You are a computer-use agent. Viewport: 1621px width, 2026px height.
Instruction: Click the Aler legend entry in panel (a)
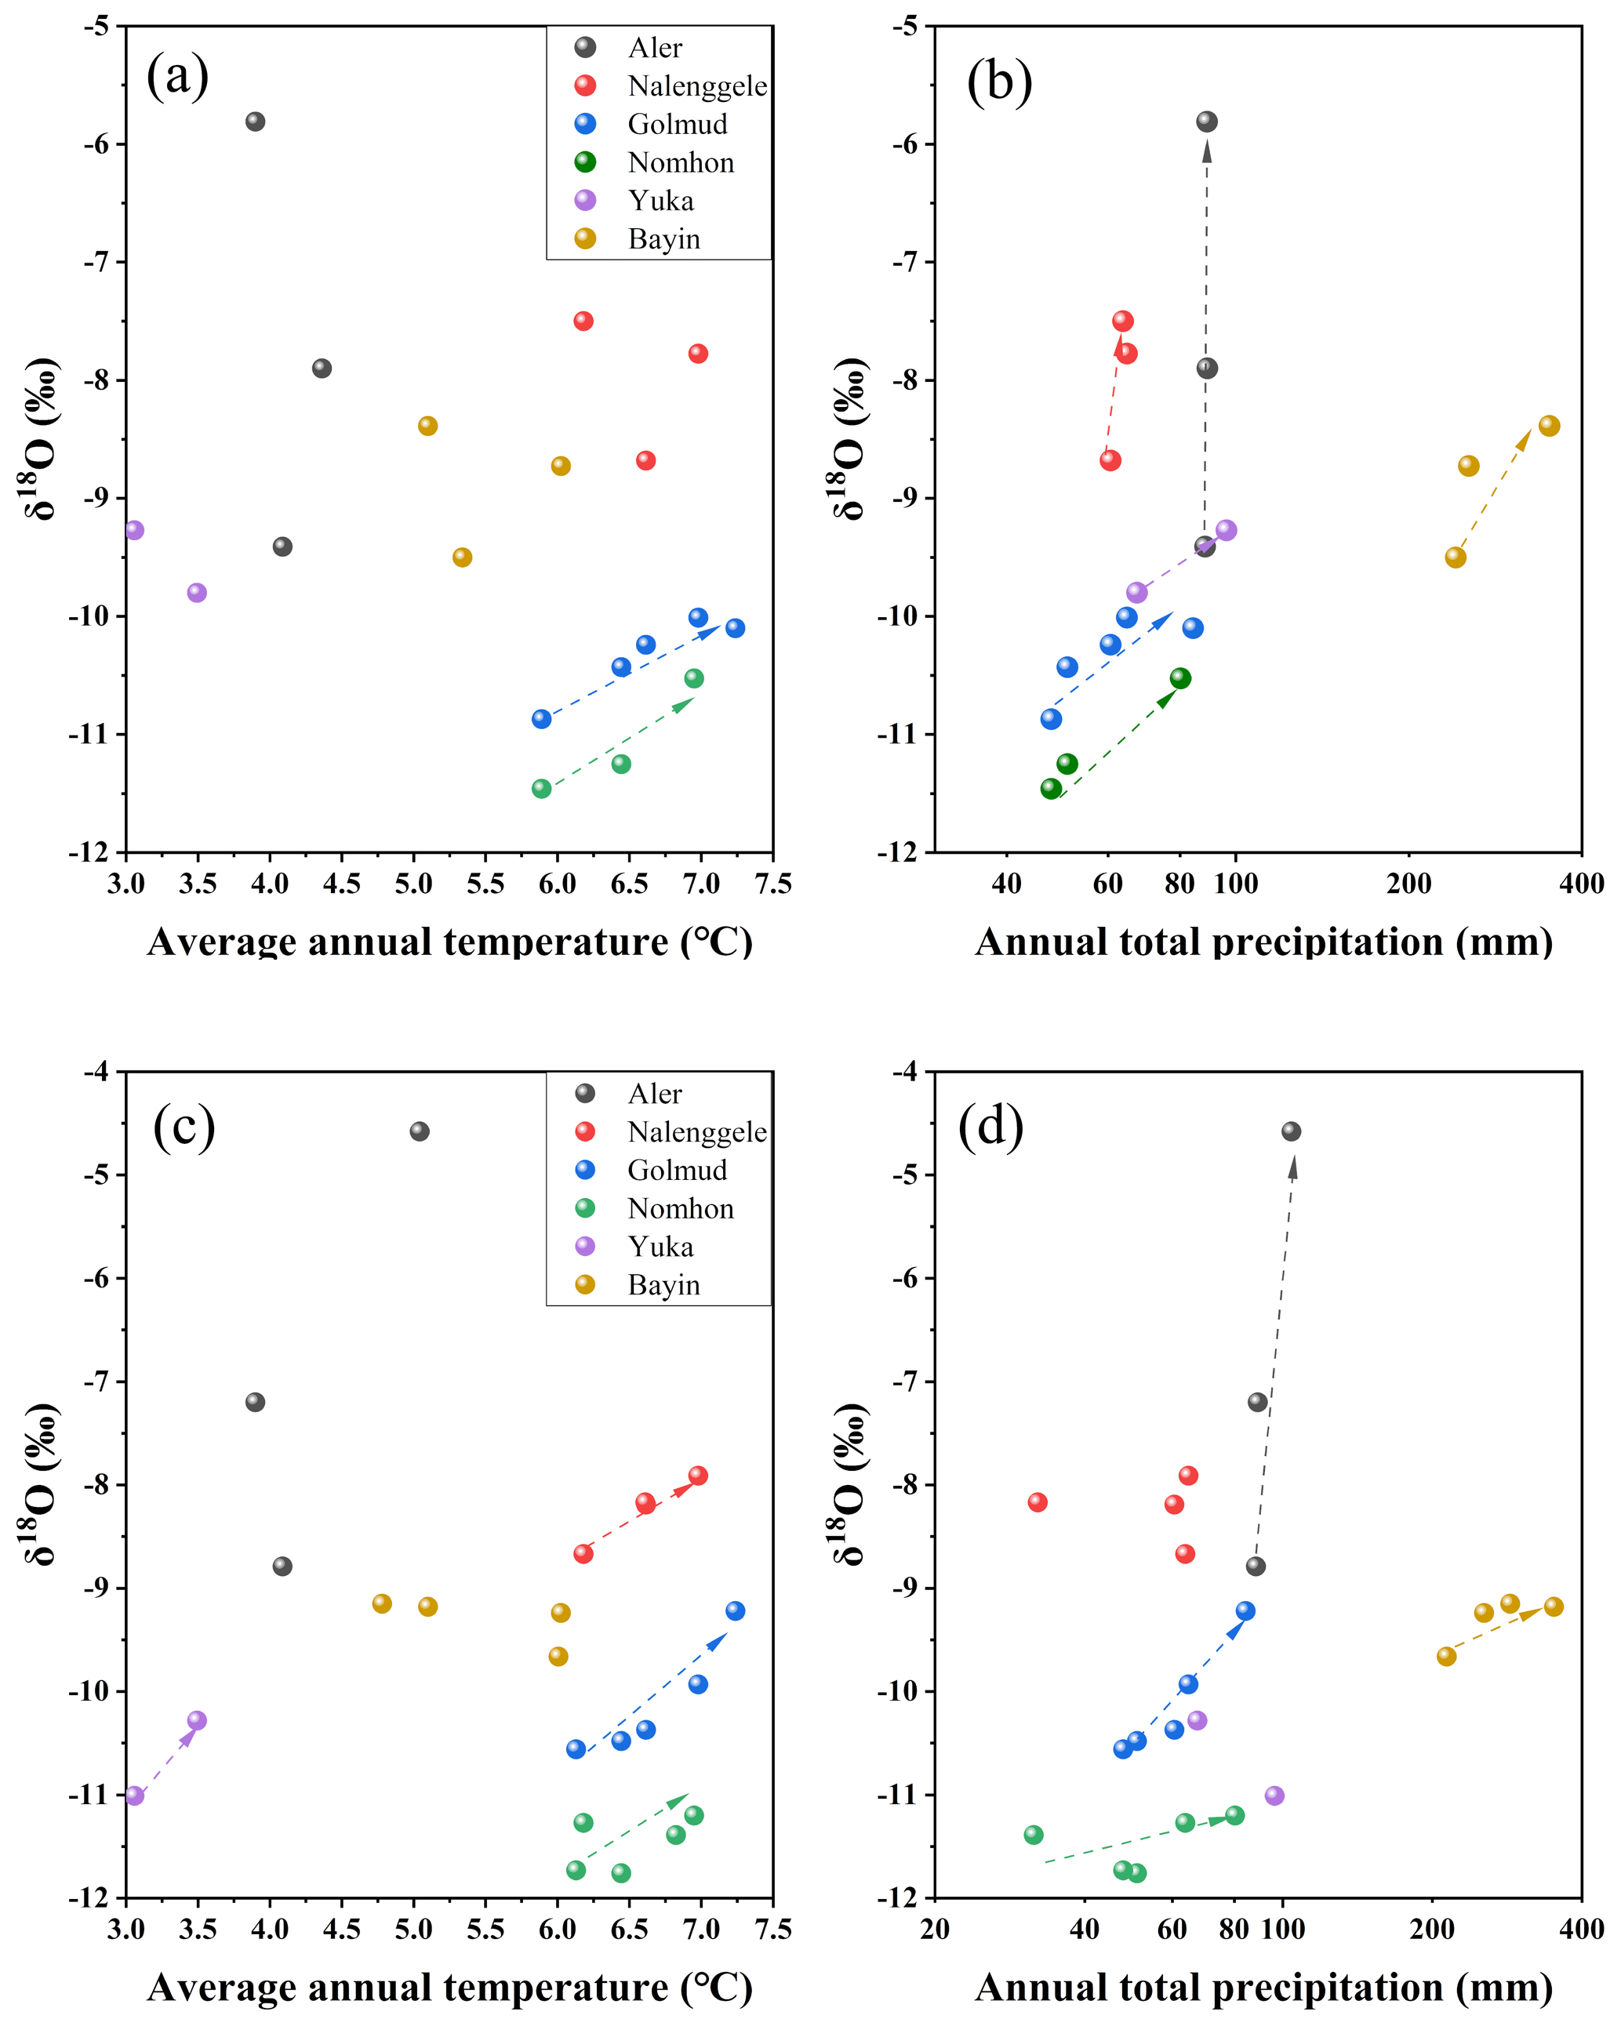[x=654, y=48]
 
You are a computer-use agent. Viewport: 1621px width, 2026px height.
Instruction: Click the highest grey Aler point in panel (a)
[x=255, y=122]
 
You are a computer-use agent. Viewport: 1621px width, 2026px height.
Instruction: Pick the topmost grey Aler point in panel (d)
[x=1291, y=1131]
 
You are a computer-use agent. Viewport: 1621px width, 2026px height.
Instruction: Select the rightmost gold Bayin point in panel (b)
[x=1550, y=426]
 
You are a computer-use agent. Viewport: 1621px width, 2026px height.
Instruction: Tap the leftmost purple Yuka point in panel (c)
[x=134, y=1795]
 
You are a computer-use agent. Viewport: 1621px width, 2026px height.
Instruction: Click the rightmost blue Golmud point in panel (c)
[x=735, y=1610]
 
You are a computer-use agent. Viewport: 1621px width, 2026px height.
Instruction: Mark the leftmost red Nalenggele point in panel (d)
[x=1038, y=1502]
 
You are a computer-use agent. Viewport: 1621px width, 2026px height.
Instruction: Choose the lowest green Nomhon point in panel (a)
[x=541, y=789]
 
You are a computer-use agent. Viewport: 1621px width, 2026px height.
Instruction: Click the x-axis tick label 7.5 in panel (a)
[x=772, y=884]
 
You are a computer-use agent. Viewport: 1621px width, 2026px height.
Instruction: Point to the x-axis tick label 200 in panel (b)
[x=1408, y=884]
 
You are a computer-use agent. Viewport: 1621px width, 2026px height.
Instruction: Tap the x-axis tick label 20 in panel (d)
[x=935, y=1930]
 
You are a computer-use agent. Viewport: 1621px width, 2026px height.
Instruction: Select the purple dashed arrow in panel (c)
[x=166, y=1756]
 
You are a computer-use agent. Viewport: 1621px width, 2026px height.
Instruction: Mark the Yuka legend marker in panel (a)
[x=586, y=200]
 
